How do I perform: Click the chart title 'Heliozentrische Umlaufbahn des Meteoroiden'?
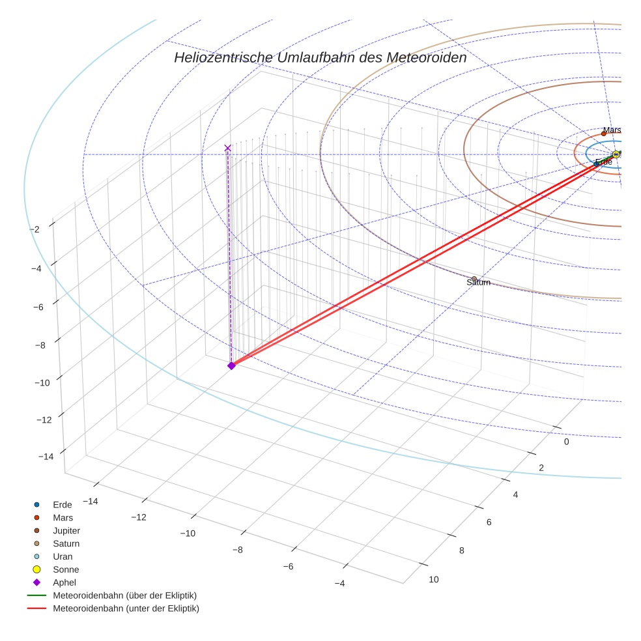320,57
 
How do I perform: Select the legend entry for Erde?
62,505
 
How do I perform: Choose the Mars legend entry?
63,518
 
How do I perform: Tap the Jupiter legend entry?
66,531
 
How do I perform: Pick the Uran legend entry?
63,557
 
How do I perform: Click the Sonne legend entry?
66,570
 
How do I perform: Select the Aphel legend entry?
64,583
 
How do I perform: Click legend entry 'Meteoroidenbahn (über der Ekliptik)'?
124,596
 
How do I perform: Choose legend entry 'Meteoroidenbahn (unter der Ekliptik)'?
125,609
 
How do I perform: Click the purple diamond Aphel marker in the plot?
231,365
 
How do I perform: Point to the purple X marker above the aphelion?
227,148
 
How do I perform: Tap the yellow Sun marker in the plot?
616,154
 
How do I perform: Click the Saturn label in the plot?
478,283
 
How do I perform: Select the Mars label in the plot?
612,130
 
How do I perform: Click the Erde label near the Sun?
603,162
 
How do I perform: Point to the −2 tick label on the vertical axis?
35,229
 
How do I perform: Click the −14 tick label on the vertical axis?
46,457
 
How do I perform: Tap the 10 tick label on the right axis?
434,580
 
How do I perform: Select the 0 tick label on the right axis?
566,442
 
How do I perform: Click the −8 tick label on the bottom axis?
238,550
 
